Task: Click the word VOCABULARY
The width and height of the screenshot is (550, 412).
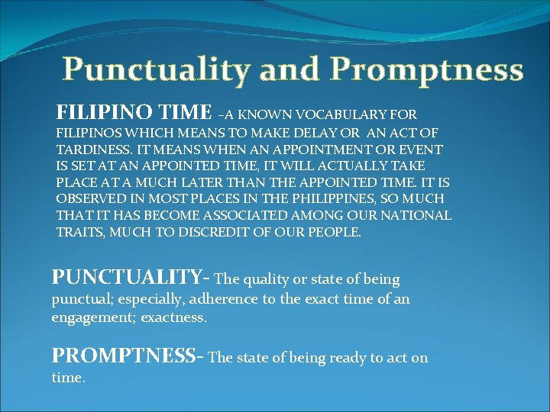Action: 346,116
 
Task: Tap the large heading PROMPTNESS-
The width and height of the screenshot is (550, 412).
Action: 127,356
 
